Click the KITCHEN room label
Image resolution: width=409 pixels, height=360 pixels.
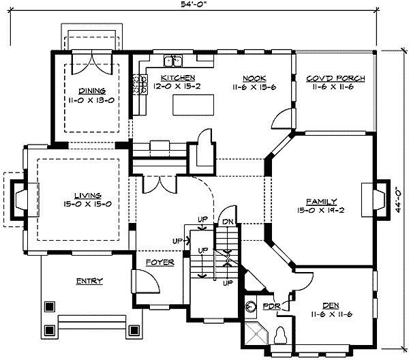tap(178, 78)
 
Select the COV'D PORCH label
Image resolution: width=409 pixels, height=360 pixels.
tap(335, 78)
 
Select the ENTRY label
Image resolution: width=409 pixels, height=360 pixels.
tap(89, 281)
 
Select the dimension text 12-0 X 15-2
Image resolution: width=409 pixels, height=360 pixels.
tap(178, 87)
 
